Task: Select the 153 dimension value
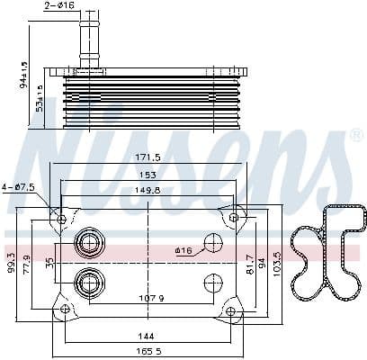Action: point(148,175)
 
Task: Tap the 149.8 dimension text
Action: point(148,190)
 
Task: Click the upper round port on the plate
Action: point(88,243)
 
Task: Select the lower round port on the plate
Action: point(88,281)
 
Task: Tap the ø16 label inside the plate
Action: point(184,250)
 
